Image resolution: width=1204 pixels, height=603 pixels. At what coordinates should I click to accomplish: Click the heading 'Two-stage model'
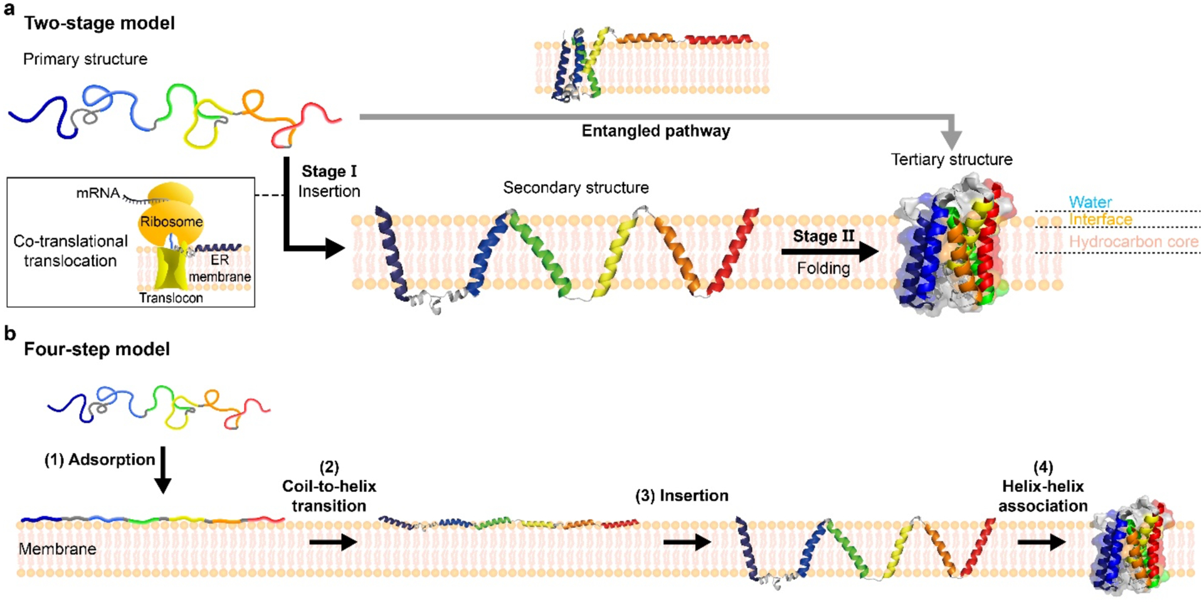tap(99, 23)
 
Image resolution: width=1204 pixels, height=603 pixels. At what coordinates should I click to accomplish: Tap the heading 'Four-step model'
tap(97, 349)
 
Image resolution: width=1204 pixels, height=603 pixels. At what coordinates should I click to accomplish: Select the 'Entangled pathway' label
tap(655, 131)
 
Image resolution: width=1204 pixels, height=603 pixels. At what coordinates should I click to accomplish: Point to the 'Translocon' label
tap(171, 298)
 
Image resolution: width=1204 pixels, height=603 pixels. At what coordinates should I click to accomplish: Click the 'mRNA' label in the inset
tap(98, 193)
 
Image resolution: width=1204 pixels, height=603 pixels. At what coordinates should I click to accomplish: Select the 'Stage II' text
tap(823, 236)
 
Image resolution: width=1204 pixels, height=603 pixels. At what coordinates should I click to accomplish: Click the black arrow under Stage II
tap(828, 252)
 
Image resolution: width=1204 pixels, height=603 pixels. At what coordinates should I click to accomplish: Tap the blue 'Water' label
tap(1090, 202)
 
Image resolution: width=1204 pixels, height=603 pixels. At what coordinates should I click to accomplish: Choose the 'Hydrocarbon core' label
tap(1133, 241)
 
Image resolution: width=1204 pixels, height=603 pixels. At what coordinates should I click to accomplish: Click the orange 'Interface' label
tap(1100, 219)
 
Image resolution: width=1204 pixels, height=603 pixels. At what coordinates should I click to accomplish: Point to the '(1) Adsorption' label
tap(99, 459)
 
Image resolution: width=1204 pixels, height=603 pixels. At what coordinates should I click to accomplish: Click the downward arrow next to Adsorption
tap(163, 470)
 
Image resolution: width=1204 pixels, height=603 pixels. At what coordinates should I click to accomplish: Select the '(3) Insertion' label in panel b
tap(682, 496)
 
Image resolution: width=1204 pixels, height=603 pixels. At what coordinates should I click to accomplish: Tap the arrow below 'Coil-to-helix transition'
tap(333, 542)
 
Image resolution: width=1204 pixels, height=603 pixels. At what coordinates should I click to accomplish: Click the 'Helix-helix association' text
tap(1043, 496)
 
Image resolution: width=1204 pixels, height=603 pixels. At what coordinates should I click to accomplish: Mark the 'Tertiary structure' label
tap(951, 159)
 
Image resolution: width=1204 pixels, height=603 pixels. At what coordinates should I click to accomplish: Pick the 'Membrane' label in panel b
tap(57, 549)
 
